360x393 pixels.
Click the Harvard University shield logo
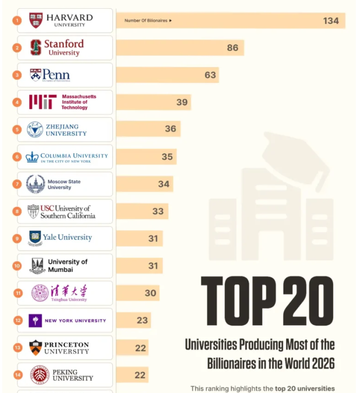click(x=35, y=21)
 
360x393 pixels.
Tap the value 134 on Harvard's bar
click(x=331, y=21)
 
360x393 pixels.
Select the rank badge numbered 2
click(x=17, y=48)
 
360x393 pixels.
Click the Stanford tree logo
click(x=35, y=47)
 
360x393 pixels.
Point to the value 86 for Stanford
click(x=232, y=48)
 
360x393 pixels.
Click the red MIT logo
click(x=42, y=102)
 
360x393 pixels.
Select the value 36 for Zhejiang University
click(x=170, y=129)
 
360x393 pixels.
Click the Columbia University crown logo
click(x=32, y=156)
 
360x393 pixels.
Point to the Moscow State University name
click(x=64, y=184)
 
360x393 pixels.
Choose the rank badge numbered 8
click(x=17, y=211)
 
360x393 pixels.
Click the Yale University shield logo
click(x=35, y=238)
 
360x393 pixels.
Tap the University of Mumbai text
click(x=68, y=265)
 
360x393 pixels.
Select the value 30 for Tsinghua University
click(x=151, y=293)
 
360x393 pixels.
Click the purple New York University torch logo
click(x=35, y=321)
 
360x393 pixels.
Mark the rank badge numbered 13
click(x=17, y=348)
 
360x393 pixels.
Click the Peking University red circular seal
click(x=39, y=375)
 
